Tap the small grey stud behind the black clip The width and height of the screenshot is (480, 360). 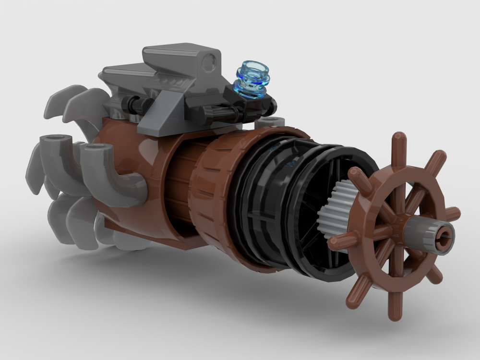270,122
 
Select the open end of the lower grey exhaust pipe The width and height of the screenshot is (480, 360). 94,150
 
